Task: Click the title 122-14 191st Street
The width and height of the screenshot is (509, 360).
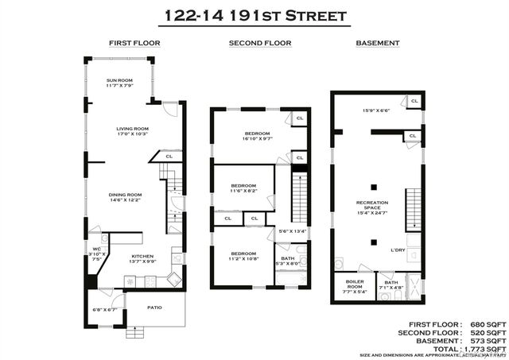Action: point(254,14)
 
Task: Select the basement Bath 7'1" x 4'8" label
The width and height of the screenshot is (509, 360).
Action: point(390,285)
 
